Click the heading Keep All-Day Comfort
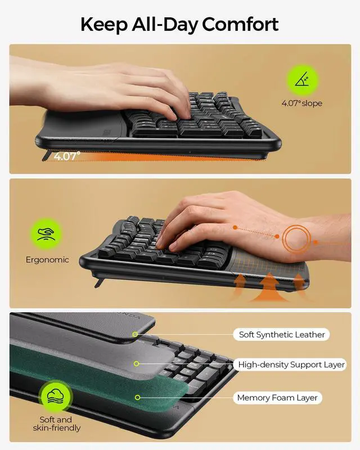click(x=179, y=24)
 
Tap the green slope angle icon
click(x=302, y=79)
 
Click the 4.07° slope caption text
click(x=302, y=103)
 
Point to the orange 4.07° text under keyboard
click(x=67, y=156)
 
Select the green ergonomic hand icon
click(x=47, y=235)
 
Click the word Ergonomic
click(x=47, y=260)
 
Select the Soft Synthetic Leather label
click(x=282, y=335)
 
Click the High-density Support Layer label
click(x=291, y=364)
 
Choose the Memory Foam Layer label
click(x=277, y=398)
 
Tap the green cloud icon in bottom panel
click(x=55, y=395)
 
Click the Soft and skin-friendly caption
click(x=56, y=424)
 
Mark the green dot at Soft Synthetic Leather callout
click(x=135, y=335)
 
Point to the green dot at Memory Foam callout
click(x=136, y=398)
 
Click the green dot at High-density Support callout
click(x=136, y=364)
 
